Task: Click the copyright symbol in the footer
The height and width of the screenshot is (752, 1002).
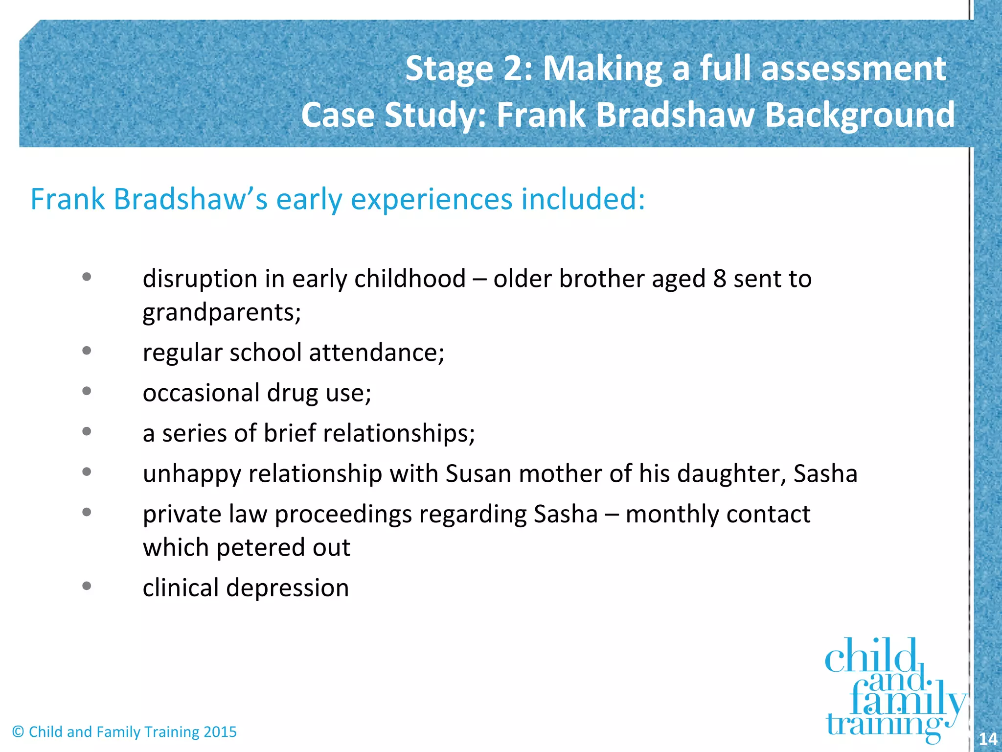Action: (18, 732)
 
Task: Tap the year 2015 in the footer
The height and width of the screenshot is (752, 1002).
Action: (220, 732)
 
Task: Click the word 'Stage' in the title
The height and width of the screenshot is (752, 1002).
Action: (449, 69)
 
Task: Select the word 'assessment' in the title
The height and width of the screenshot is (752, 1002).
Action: (853, 69)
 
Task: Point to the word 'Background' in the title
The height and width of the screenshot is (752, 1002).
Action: (859, 115)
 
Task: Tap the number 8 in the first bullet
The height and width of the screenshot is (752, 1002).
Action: (719, 279)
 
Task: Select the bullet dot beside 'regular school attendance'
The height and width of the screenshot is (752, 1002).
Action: (87, 351)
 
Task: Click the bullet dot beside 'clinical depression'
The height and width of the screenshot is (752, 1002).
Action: (87, 586)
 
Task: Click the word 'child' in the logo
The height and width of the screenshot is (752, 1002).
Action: (870, 657)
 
